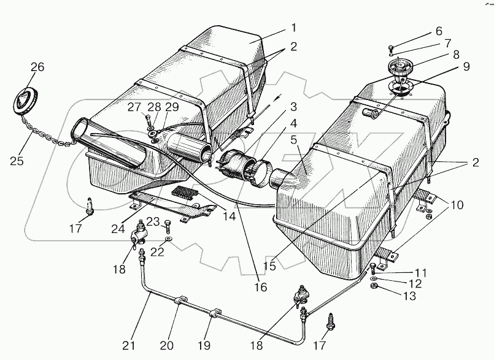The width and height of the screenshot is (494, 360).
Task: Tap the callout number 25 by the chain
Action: click(x=17, y=161)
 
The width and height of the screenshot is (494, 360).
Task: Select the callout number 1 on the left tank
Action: click(x=293, y=28)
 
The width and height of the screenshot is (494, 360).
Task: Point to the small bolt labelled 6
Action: click(x=391, y=48)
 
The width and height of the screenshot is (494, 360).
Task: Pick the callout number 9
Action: click(x=466, y=67)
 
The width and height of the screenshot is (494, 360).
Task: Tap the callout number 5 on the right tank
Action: click(x=293, y=140)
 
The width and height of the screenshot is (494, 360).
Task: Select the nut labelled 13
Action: click(x=373, y=286)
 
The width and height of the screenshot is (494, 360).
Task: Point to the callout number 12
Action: click(x=415, y=284)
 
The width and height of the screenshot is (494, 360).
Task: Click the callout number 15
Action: click(x=269, y=266)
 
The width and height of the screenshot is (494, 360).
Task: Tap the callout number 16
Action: click(x=261, y=287)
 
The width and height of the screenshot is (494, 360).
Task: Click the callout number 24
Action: click(x=118, y=229)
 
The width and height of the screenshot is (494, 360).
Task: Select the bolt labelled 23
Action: click(x=168, y=226)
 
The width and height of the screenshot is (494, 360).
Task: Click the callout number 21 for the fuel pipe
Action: click(x=128, y=345)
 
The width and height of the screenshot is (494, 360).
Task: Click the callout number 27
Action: click(x=134, y=107)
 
